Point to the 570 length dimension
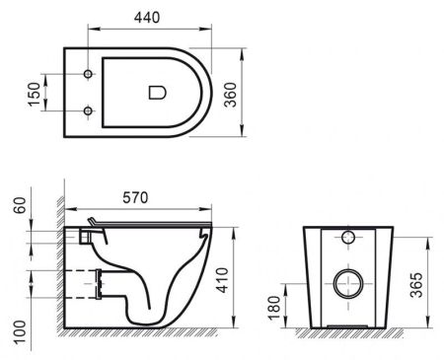point(136,198)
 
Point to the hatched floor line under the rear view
point(345,338)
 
